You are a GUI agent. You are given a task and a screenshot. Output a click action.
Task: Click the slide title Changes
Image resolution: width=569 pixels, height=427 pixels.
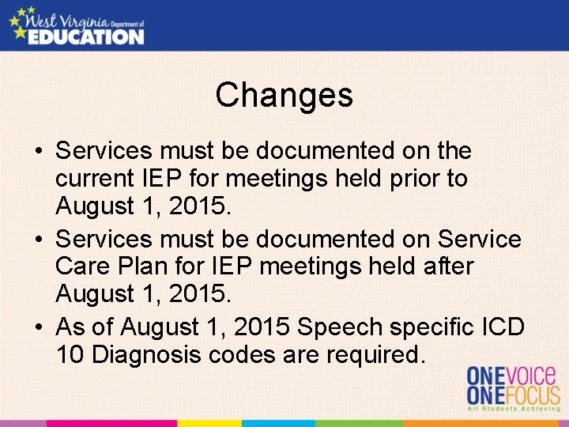284,96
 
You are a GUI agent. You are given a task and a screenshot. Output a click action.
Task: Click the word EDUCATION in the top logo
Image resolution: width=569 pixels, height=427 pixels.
86,36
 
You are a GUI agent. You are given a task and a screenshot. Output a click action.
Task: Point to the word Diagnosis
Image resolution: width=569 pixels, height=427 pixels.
146,355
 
